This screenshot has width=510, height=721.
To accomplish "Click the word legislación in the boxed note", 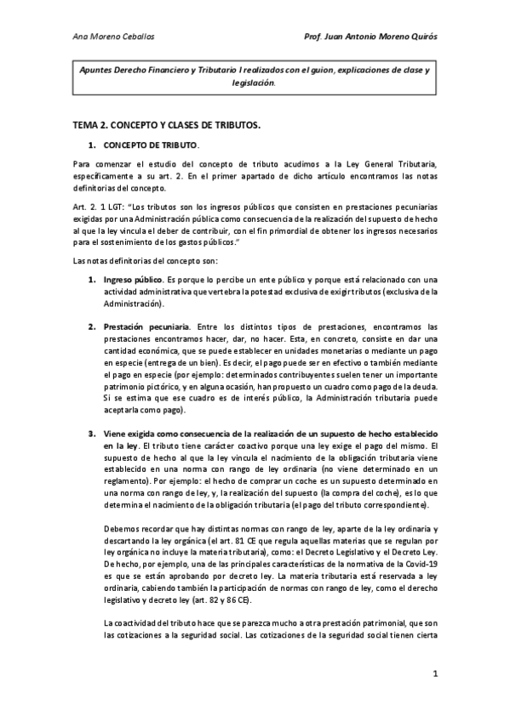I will point(253,83).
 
